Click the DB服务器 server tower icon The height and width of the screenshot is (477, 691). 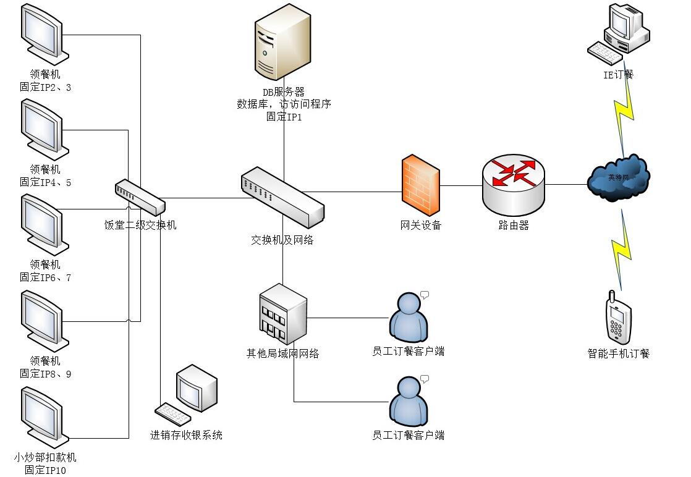click(282, 42)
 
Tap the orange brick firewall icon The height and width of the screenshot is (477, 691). click(421, 185)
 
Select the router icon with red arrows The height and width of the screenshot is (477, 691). click(513, 184)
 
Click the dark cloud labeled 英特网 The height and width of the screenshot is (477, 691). click(618, 178)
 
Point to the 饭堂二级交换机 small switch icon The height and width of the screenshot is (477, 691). click(140, 197)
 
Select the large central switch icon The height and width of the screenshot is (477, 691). click(282, 196)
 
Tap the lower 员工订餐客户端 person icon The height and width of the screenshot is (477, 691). click(409, 402)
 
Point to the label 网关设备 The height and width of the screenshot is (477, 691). click(421, 226)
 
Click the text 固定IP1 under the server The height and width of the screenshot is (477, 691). click(284, 116)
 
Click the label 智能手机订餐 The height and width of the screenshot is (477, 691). click(619, 354)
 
